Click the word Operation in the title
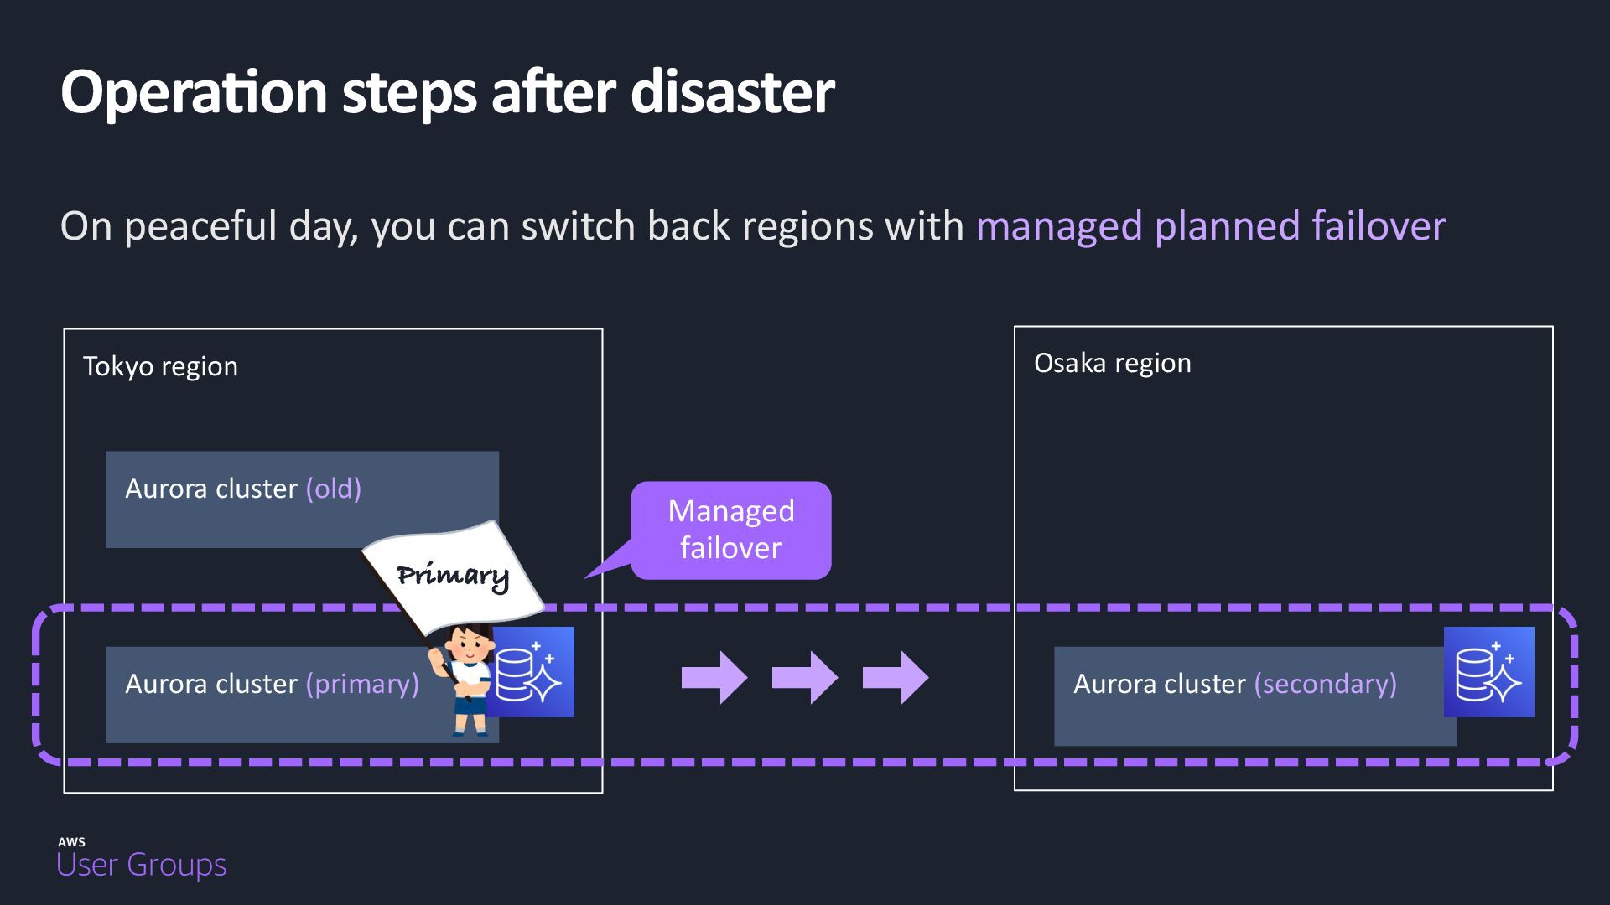coord(194,92)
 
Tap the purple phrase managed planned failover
coord(1210,226)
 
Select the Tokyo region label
coord(160,366)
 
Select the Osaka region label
coord(1112,363)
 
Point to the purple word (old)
coord(333,489)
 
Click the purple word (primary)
coord(362,684)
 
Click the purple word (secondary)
coord(1325,684)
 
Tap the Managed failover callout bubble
coord(730,530)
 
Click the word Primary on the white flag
coord(453,575)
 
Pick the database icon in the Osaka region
coord(1488,672)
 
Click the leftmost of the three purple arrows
coord(714,677)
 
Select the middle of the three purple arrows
coord(804,677)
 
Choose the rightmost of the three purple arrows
coord(895,677)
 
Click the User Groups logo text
coord(141,865)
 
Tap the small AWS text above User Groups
coord(71,841)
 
